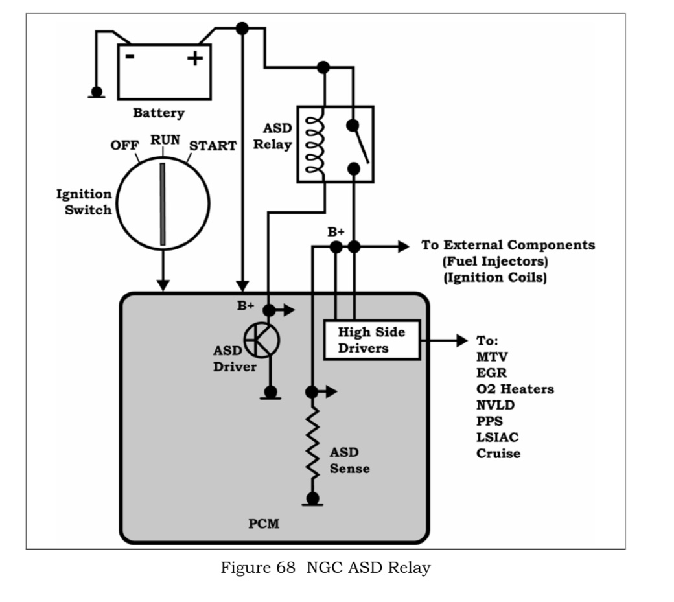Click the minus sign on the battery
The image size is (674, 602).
130,57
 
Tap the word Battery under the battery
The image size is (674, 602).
159,113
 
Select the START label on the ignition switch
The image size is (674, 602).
213,145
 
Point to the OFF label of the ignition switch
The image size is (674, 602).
124,145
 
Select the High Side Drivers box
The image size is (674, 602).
371,340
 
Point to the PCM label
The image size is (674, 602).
264,524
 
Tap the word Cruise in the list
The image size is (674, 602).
498,454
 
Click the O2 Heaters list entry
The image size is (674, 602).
515,389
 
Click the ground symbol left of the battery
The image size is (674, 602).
97,93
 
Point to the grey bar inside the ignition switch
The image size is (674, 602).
163,204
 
